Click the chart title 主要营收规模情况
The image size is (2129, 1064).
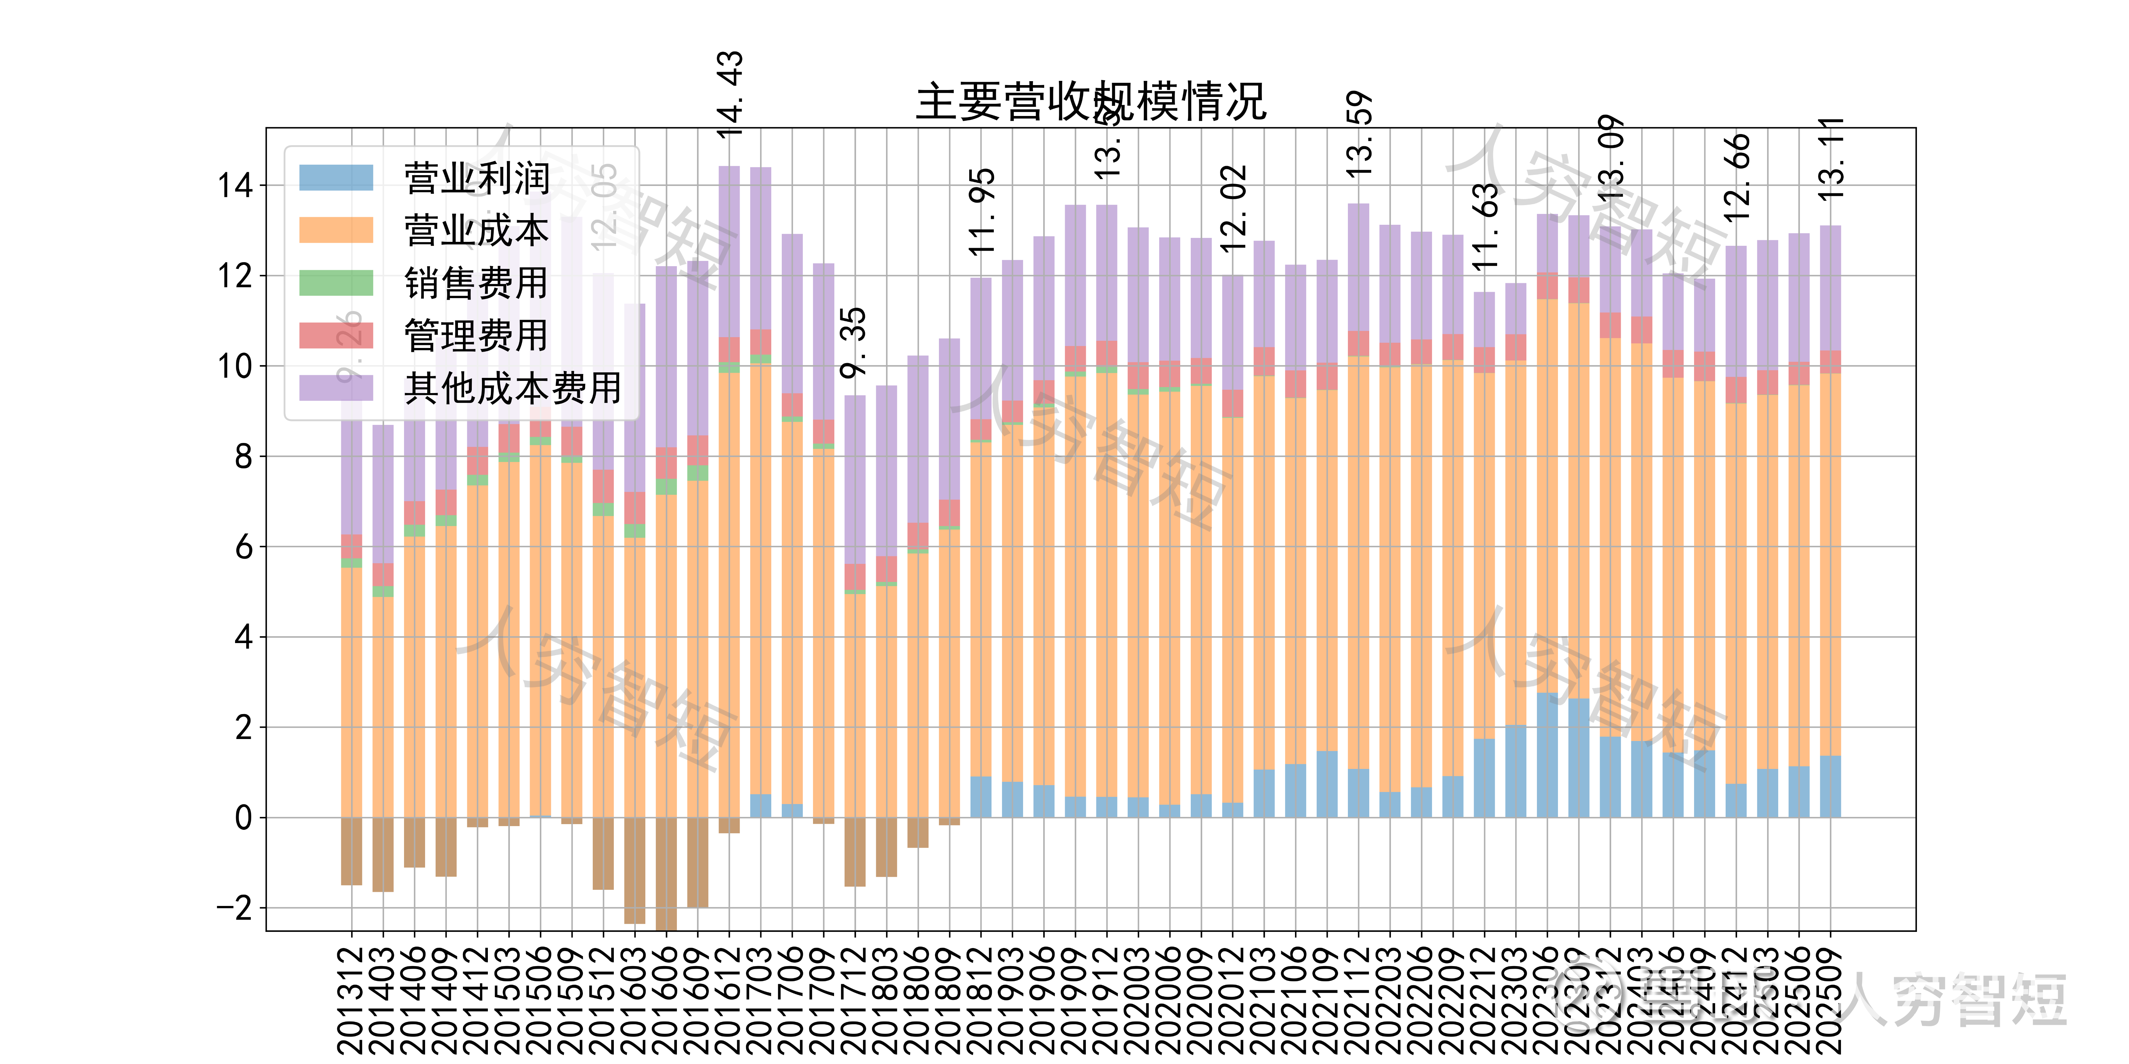(1091, 103)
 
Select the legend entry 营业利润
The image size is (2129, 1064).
(476, 178)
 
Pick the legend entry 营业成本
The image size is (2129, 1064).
(476, 230)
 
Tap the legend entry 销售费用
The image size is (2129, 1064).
(476, 283)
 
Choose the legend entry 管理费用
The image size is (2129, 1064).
(476, 335)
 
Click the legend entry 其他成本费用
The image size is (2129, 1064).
(513, 387)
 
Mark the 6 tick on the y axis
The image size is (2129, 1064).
(244, 547)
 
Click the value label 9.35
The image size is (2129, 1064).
(854, 343)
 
